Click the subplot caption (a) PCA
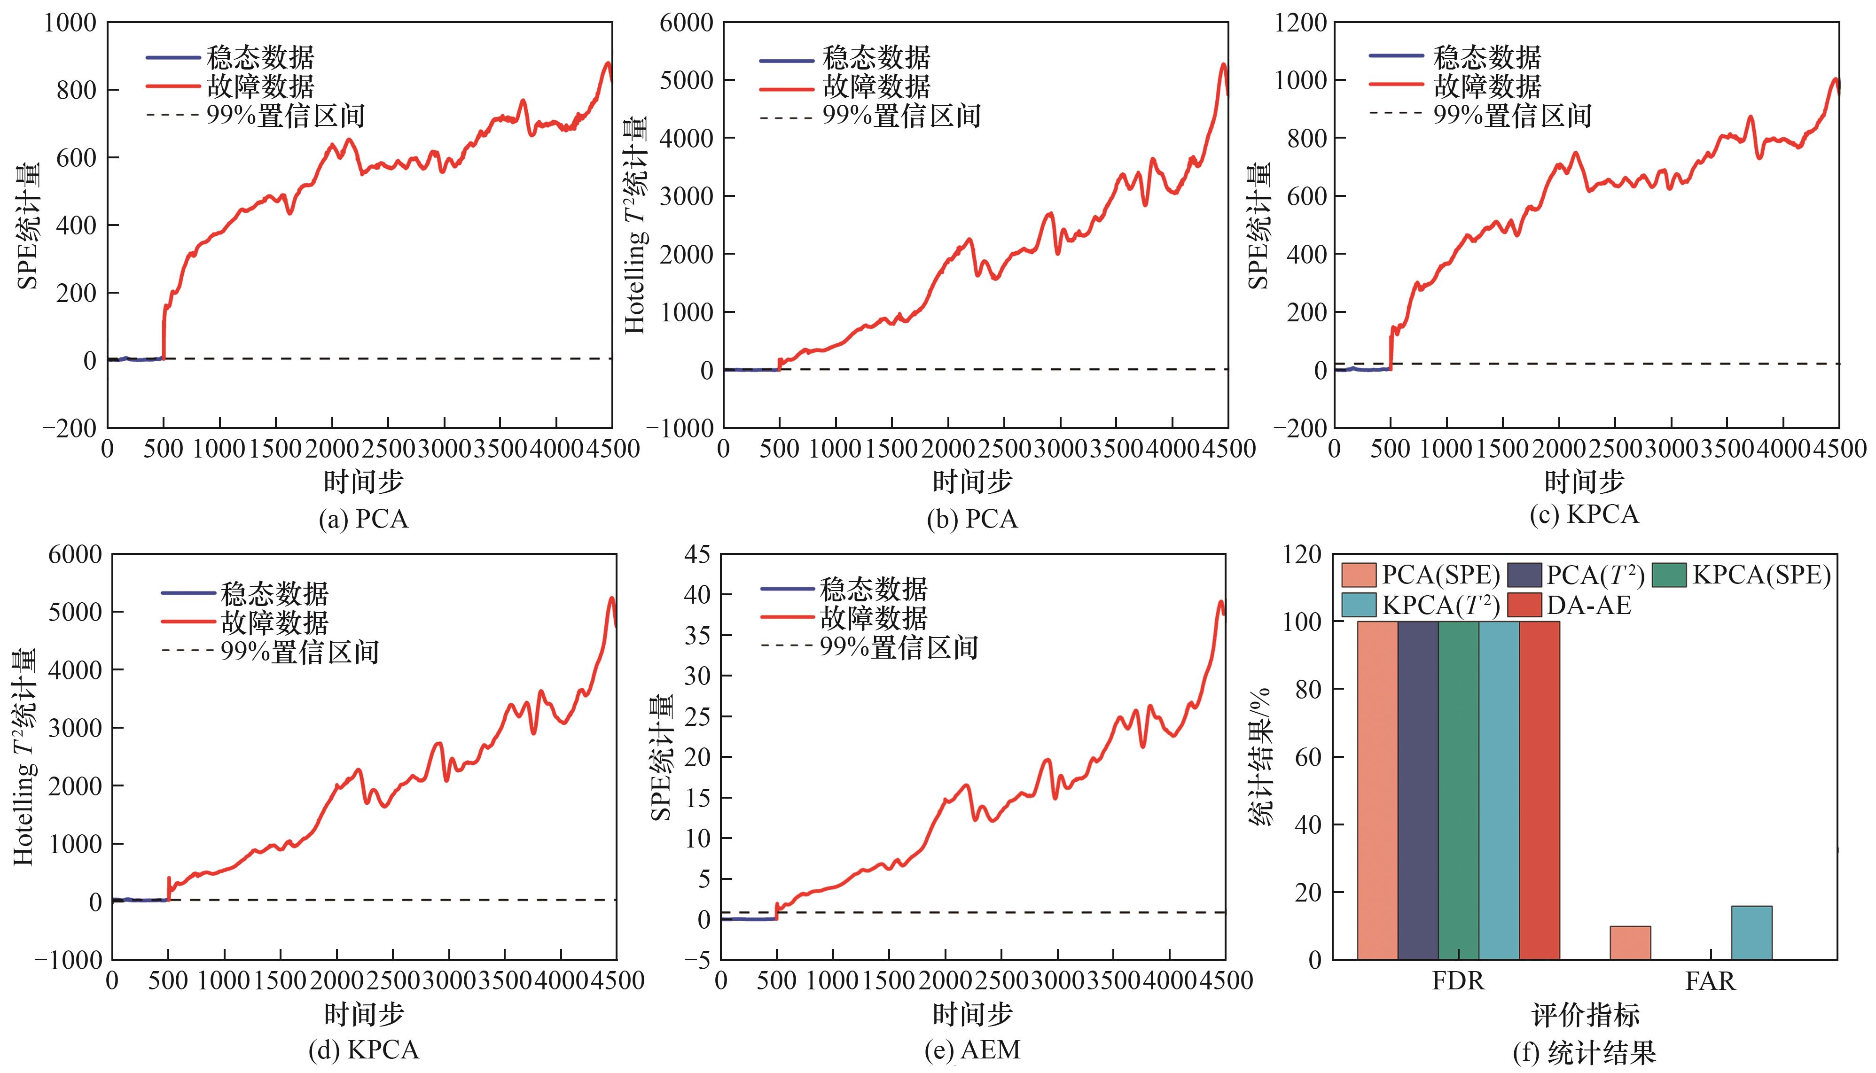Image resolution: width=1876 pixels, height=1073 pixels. click(x=363, y=519)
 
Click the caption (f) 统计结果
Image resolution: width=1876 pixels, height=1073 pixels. click(x=1583, y=1052)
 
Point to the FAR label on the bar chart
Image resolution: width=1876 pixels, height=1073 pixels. click(x=1710, y=981)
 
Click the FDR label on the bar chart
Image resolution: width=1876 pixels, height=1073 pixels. click(x=1458, y=981)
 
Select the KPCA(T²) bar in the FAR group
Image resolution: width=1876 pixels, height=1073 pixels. click(x=1751, y=932)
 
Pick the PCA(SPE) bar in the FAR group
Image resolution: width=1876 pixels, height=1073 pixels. click(x=1630, y=942)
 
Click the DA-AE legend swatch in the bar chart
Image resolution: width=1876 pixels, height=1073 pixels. click(x=1524, y=605)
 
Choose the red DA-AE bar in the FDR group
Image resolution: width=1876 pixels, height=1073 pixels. click(x=1539, y=790)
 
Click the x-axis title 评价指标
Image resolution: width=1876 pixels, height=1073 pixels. click(x=1585, y=1015)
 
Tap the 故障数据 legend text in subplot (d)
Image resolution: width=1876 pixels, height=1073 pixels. click(x=274, y=623)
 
